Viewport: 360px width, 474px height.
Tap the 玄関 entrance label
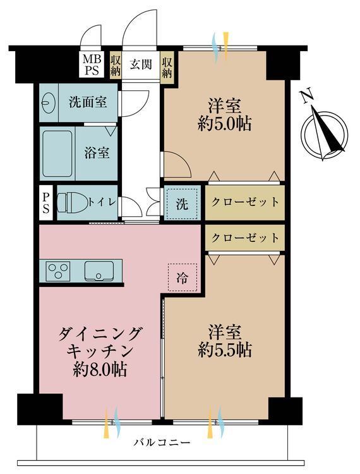[141, 64]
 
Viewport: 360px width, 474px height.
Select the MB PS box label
[93, 64]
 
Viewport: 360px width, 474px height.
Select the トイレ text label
[101, 202]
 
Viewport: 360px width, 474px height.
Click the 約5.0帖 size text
[225, 123]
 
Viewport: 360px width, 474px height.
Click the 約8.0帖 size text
[99, 369]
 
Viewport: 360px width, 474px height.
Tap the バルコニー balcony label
[161, 442]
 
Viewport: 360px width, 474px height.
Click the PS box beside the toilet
[46, 202]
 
